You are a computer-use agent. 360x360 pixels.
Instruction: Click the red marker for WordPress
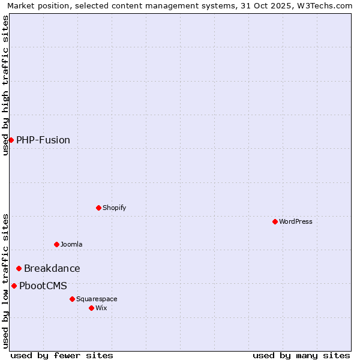[x=275, y=221]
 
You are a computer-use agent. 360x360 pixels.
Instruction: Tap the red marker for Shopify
[x=98, y=208]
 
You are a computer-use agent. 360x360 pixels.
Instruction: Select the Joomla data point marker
[x=56, y=244]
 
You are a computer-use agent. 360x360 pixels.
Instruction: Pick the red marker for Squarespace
[x=72, y=299]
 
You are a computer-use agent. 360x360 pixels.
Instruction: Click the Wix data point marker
[x=91, y=308]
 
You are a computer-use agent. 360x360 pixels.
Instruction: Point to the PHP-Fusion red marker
[x=11, y=140]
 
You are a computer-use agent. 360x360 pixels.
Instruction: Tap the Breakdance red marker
[x=19, y=268]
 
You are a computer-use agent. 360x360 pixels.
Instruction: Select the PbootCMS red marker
[x=14, y=286]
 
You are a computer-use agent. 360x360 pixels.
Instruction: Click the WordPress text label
[x=296, y=221]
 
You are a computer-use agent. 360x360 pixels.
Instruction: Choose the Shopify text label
[x=114, y=208]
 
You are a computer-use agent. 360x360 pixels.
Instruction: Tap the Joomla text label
[x=71, y=244]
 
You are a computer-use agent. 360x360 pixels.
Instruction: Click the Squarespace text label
[x=97, y=299]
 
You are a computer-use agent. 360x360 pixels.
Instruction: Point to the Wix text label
[x=101, y=308]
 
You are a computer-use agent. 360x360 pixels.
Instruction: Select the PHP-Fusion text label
[x=43, y=140]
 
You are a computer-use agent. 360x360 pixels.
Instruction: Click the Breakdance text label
[x=52, y=268]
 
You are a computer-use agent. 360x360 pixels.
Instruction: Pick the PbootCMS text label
[x=43, y=286]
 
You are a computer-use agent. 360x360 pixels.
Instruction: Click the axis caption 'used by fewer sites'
[x=62, y=355]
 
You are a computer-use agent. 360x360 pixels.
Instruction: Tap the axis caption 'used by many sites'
[x=301, y=355]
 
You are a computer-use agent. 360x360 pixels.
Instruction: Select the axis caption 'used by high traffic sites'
[x=6, y=85]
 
